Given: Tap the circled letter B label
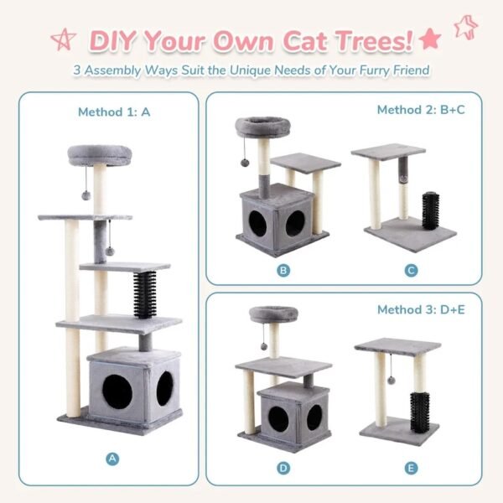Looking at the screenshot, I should click(x=283, y=270).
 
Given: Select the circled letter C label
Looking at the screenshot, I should click(x=410, y=270).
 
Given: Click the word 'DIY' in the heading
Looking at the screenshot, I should click(x=115, y=39).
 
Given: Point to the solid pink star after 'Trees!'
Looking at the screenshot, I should click(x=430, y=38).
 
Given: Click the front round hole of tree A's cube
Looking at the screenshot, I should click(x=117, y=389).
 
